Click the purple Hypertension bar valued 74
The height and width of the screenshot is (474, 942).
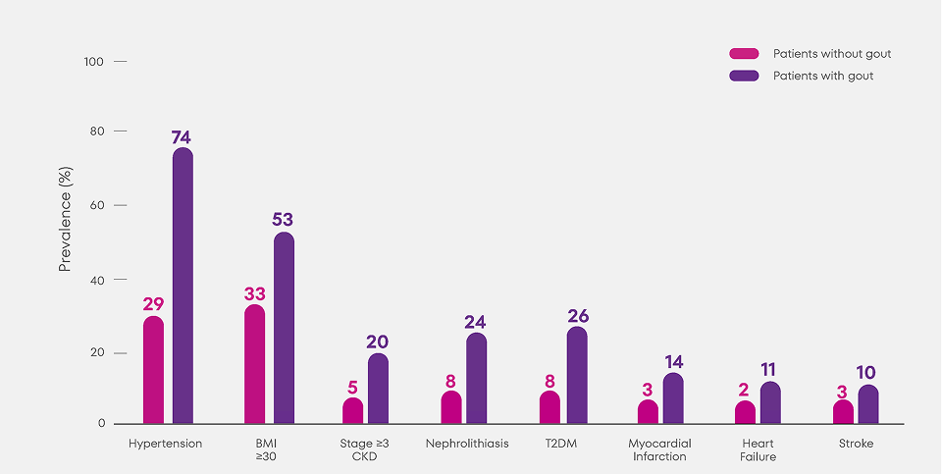coord(183,287)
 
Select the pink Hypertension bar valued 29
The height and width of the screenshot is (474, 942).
coord(153,370)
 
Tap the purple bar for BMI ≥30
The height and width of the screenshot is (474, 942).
coord(284,329)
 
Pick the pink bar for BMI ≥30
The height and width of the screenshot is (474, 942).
coord(254,365)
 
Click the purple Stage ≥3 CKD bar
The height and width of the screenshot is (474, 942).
coord(378,390)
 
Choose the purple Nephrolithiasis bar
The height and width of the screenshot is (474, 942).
coord(476,379)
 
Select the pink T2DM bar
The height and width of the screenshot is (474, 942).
coord(549,408)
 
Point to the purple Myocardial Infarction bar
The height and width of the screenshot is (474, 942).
coord(672,399)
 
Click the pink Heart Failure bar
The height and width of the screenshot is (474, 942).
coord(746,413)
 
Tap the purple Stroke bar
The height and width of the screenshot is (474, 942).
coord(868,405)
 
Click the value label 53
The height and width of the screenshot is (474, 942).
coord(283,220)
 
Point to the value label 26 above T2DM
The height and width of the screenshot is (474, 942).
coord(578,316)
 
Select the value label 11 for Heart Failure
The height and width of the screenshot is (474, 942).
coord(770,370)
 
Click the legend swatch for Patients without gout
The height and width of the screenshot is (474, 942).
coord(744,53)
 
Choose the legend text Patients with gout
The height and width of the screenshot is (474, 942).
coord(822,76)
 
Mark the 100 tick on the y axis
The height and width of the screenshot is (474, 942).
coord(94,62)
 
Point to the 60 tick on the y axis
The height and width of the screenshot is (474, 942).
coord(97,206)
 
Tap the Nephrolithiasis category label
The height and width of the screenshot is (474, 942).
coord(467,444)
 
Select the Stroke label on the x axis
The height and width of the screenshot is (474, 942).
coord(856,444)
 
